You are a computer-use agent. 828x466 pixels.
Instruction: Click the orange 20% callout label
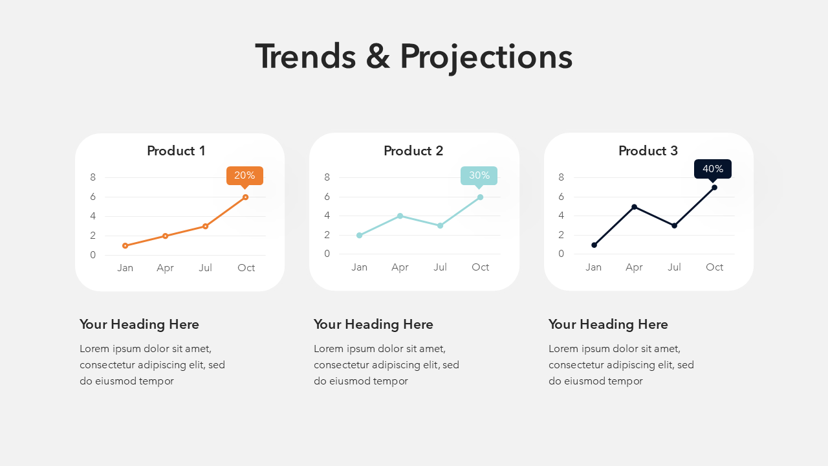(x=245, y=176)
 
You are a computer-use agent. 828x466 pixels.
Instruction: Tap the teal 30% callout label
(x=479, y=176)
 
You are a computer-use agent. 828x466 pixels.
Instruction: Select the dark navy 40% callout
(x=713, y=170)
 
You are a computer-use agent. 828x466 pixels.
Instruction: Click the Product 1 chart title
(x=176, y=151)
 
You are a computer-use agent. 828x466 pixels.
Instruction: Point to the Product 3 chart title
(x=648, y=151)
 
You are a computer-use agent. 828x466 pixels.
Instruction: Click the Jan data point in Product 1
(x=125, y=245)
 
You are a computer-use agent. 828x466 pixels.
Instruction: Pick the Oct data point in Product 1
(x=245, y=197)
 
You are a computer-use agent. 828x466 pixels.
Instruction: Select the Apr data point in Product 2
(x=400, y=216)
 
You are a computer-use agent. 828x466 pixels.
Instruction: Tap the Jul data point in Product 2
(x=440, y=226)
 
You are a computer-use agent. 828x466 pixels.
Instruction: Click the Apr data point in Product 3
(x=635, y=206)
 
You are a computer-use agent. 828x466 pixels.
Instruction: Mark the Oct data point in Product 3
(x=715, y=188)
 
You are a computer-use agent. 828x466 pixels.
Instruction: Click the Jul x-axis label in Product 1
(x=205, y=268)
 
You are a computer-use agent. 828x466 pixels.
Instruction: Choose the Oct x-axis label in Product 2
(x=480, y=267)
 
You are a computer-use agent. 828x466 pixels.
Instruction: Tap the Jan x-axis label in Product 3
(x=593, y=267)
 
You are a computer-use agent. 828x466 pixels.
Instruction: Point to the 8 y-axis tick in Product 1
(x=93, y=177)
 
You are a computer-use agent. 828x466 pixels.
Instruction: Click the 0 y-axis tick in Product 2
(x=327, y=254)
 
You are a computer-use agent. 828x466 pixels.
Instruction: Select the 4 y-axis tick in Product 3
(x=561, y=216)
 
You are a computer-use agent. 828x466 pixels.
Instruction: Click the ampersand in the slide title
(x=378, y=56)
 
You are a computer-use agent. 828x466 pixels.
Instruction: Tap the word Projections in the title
(x=486, y=58)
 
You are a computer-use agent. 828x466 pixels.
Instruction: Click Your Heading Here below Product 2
(x=373, y=324)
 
